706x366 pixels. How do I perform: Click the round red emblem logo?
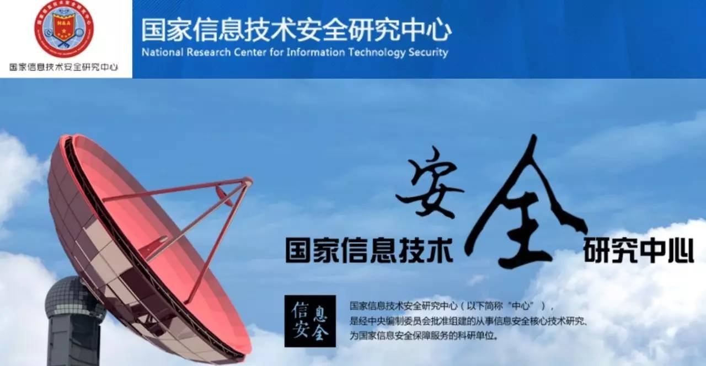[x=64, y=28]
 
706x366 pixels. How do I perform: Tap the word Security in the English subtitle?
[x=428, y=53]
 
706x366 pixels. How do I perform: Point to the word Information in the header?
[x=317, y=53]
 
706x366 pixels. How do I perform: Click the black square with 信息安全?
[x=310, y=321]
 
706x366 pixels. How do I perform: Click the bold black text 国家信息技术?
[x=369, y=250]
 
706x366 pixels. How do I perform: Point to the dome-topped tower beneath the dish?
[x=74, y=320]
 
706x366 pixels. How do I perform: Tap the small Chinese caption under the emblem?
[x=64, y=67]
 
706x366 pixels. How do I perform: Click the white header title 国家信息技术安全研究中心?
[x=296, y=31]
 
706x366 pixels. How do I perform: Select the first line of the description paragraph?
[x=451, y=306]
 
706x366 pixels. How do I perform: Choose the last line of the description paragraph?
[x=424, y=335]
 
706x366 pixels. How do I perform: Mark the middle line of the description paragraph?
[x=468, y=320]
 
